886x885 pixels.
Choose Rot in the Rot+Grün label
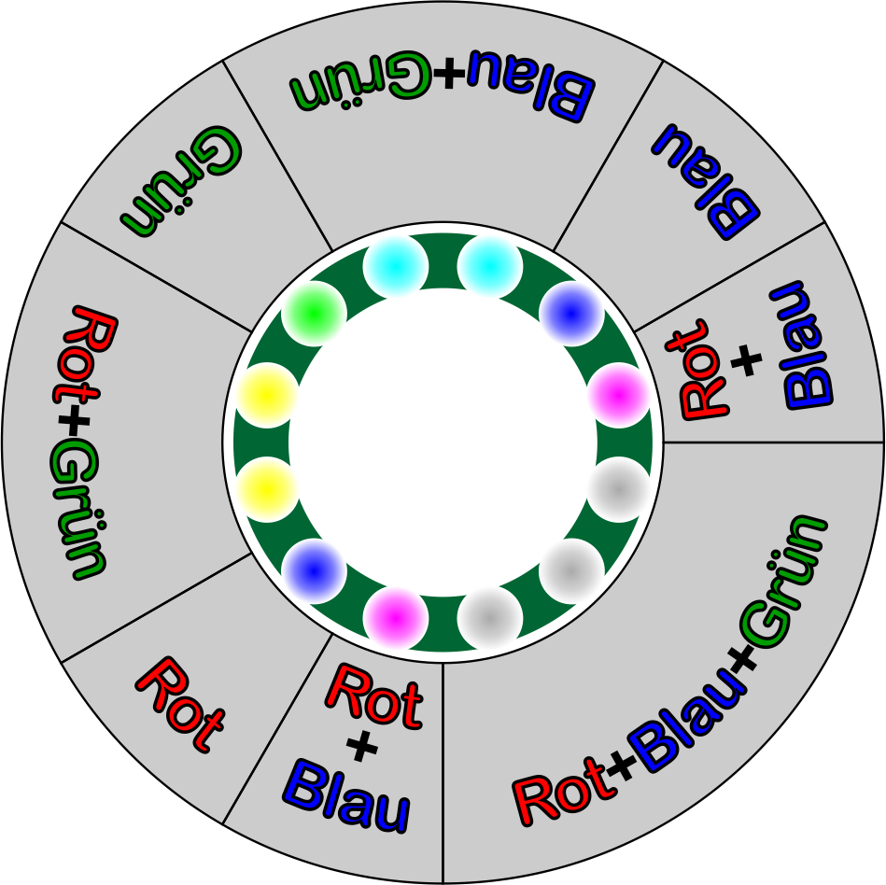click(x=85, y=356)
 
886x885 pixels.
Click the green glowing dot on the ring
click(x=314, y=314)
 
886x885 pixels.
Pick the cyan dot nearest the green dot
click(x=396, y=266)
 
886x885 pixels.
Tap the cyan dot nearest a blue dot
click(x=490, y=266)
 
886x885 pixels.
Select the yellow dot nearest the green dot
click(x=267, y=396)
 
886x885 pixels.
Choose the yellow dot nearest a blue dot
click(x=267, y=489)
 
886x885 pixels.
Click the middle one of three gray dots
click(x=571, y=571)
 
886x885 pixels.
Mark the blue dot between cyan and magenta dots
click(x=571, y=314)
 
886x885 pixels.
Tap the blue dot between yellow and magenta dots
click(x=314, y=571)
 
